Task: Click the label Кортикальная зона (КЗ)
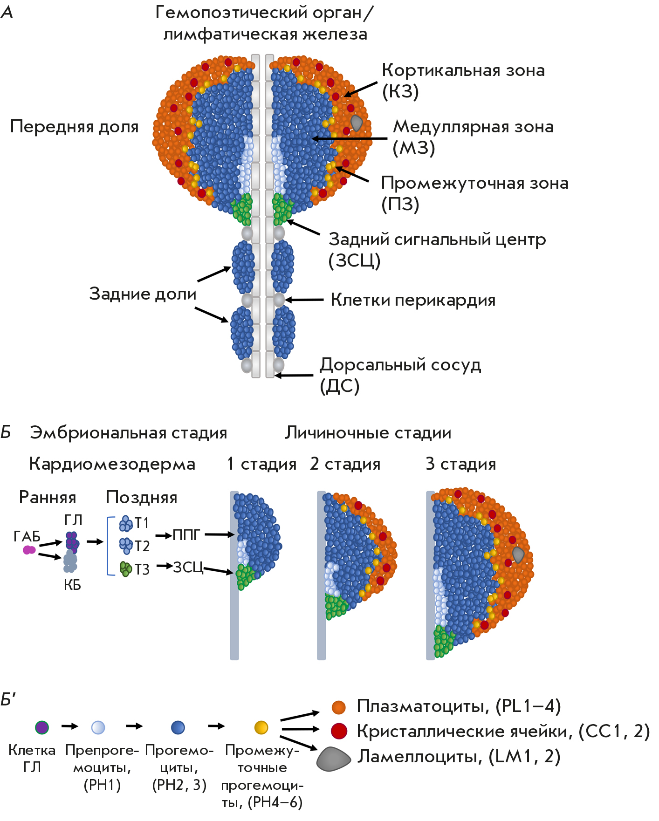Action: click(463, 81)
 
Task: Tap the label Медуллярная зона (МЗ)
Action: click(473, 137)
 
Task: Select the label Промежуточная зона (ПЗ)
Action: click(474, 193)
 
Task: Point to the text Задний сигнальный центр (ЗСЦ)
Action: click(437, 250)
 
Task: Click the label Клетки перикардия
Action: click(412, 300)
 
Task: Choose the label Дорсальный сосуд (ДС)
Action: click(400, 375)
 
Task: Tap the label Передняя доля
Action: click(75, 127)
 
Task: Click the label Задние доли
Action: click(143, 294)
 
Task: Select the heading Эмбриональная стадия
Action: click(128, 433)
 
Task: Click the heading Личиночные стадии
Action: click(368, 433)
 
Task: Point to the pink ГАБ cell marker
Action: click(29, 550)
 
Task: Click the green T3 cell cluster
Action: click(126, 569)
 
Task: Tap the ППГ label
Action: click(186, 535)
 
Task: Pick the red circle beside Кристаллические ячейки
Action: click(339, 731)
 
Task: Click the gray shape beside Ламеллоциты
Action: click(333, 759)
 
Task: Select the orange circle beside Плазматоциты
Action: click(339, 707)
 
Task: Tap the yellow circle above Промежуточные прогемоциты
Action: click(261, 727)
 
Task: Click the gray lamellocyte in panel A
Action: click(357, 123)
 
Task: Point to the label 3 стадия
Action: click(460, 464)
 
